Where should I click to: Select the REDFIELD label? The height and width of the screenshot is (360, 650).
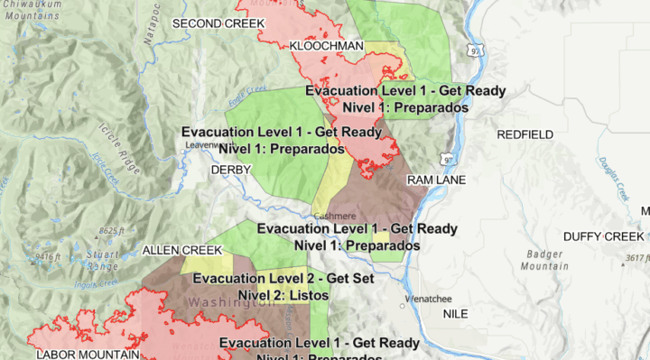click(525, 134)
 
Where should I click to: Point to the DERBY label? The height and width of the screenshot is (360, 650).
click(226, 170)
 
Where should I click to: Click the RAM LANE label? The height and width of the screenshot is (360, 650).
click(436, 180)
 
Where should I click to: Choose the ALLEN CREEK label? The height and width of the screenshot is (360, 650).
click(181, 249)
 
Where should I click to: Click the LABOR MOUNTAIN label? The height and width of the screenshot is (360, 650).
click(87, 355)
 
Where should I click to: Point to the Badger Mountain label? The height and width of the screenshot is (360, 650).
click(546, 261)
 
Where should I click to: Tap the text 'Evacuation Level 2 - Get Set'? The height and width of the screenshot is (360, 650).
click(283, 279)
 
